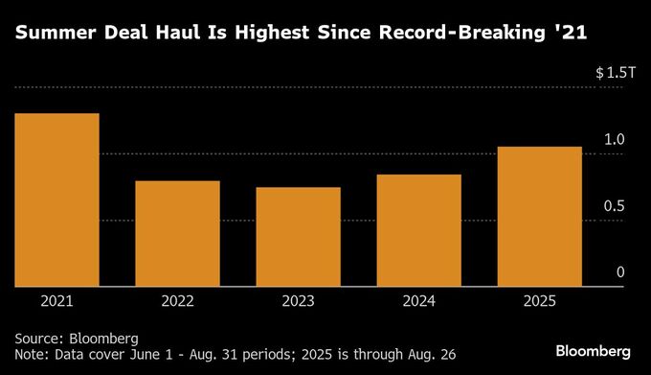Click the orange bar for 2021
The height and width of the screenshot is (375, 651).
(x=56, y=199)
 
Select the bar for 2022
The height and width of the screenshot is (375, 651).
(x=177, y=233)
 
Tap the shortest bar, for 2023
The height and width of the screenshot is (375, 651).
(x=298, y=236)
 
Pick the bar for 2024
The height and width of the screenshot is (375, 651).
(x=418, y=230)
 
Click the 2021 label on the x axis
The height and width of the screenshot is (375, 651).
(x=56, y=300)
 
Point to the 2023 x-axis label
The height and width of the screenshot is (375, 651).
(x=298, y=300)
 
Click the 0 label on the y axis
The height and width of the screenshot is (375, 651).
(x=619, y=272)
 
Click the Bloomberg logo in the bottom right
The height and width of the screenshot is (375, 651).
(x=593, y=347)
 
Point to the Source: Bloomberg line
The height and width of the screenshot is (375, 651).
(x=77, y=339)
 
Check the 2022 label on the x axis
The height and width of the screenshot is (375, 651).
(x=177, y=300)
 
